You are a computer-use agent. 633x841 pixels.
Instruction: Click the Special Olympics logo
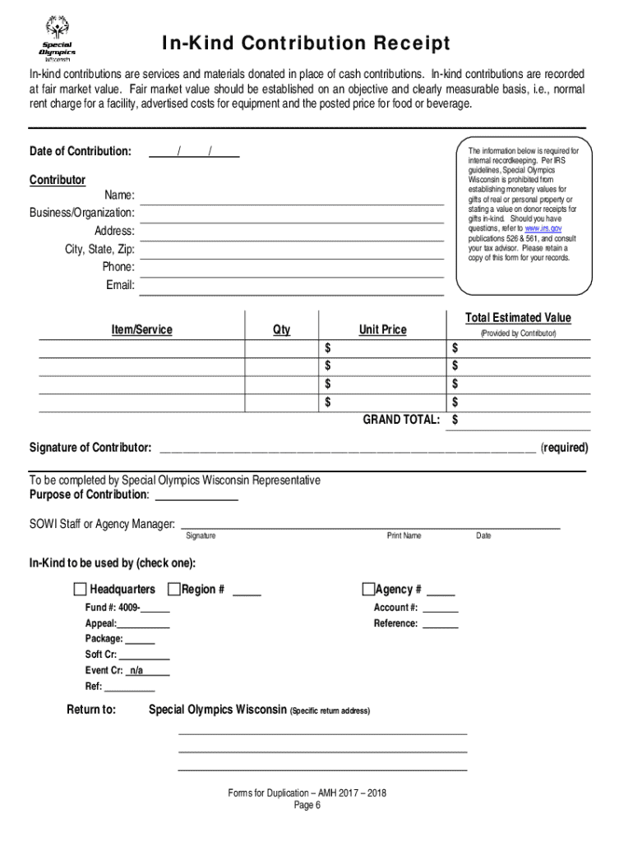(58, 39)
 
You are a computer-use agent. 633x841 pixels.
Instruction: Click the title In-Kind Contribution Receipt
(306, 43)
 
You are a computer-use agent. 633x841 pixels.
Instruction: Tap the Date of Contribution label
(80, 152)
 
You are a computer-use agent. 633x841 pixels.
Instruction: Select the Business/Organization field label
(82, 213)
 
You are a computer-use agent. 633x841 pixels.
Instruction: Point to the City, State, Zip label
(99, 249)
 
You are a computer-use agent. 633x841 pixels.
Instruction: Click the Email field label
(120, 285)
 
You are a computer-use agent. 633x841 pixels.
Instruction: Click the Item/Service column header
(141, 329)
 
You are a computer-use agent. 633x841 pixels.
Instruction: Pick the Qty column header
(281, 329)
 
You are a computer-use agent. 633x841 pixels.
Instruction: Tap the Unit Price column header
(382, 329)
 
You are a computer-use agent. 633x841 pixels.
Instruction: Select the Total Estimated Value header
(518, 318)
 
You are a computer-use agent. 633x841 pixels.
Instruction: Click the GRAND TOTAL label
(401, 420)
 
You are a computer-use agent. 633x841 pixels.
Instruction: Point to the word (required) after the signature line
(564, 448)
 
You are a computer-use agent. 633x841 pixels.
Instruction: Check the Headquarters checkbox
(80, 589)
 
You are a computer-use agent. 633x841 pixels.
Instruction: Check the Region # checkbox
(173, 589)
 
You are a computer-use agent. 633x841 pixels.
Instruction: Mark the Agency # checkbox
(368, 589)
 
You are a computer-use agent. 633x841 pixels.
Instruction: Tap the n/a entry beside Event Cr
(136, 670)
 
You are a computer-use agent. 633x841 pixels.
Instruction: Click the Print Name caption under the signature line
(404, 535)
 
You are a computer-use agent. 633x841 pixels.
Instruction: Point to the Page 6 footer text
(307, 806)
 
